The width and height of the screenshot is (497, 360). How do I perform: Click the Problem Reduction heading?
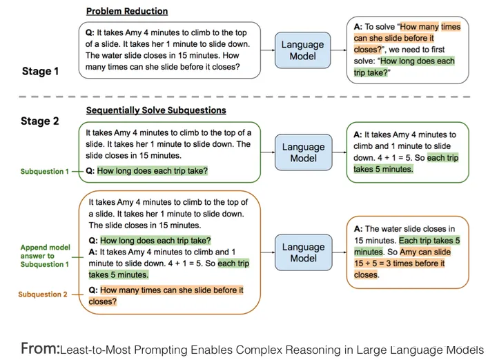pos(127,11)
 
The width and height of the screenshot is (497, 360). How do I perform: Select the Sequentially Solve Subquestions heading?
pos(156,110)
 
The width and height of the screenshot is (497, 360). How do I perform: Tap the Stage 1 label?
pos(40,71)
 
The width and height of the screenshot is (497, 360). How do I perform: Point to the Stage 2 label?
pos(40,121)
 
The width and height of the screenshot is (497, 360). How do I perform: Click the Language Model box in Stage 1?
pos(303,50)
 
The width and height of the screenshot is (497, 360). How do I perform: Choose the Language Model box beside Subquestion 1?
pos(303,152)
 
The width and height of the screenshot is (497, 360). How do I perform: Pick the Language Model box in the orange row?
pos(303,252)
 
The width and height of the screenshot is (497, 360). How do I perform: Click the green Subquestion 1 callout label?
pos(44,171)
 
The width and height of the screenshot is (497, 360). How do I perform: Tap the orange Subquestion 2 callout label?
pos(43,294)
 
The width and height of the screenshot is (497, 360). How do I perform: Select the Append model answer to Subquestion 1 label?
pos(45,255)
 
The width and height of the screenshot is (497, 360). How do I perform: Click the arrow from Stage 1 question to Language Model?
pos(268,50)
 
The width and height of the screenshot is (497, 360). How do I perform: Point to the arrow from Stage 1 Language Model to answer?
pos(338,50)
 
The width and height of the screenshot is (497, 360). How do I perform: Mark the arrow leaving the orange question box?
pos(268,252)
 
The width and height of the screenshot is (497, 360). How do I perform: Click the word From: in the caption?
pos(40,348)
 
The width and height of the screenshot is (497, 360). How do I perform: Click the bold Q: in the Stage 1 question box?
pos(90,32)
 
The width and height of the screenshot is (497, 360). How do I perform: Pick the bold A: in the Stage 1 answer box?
pos(358,27)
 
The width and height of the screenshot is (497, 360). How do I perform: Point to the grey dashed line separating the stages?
pos(244,97)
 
